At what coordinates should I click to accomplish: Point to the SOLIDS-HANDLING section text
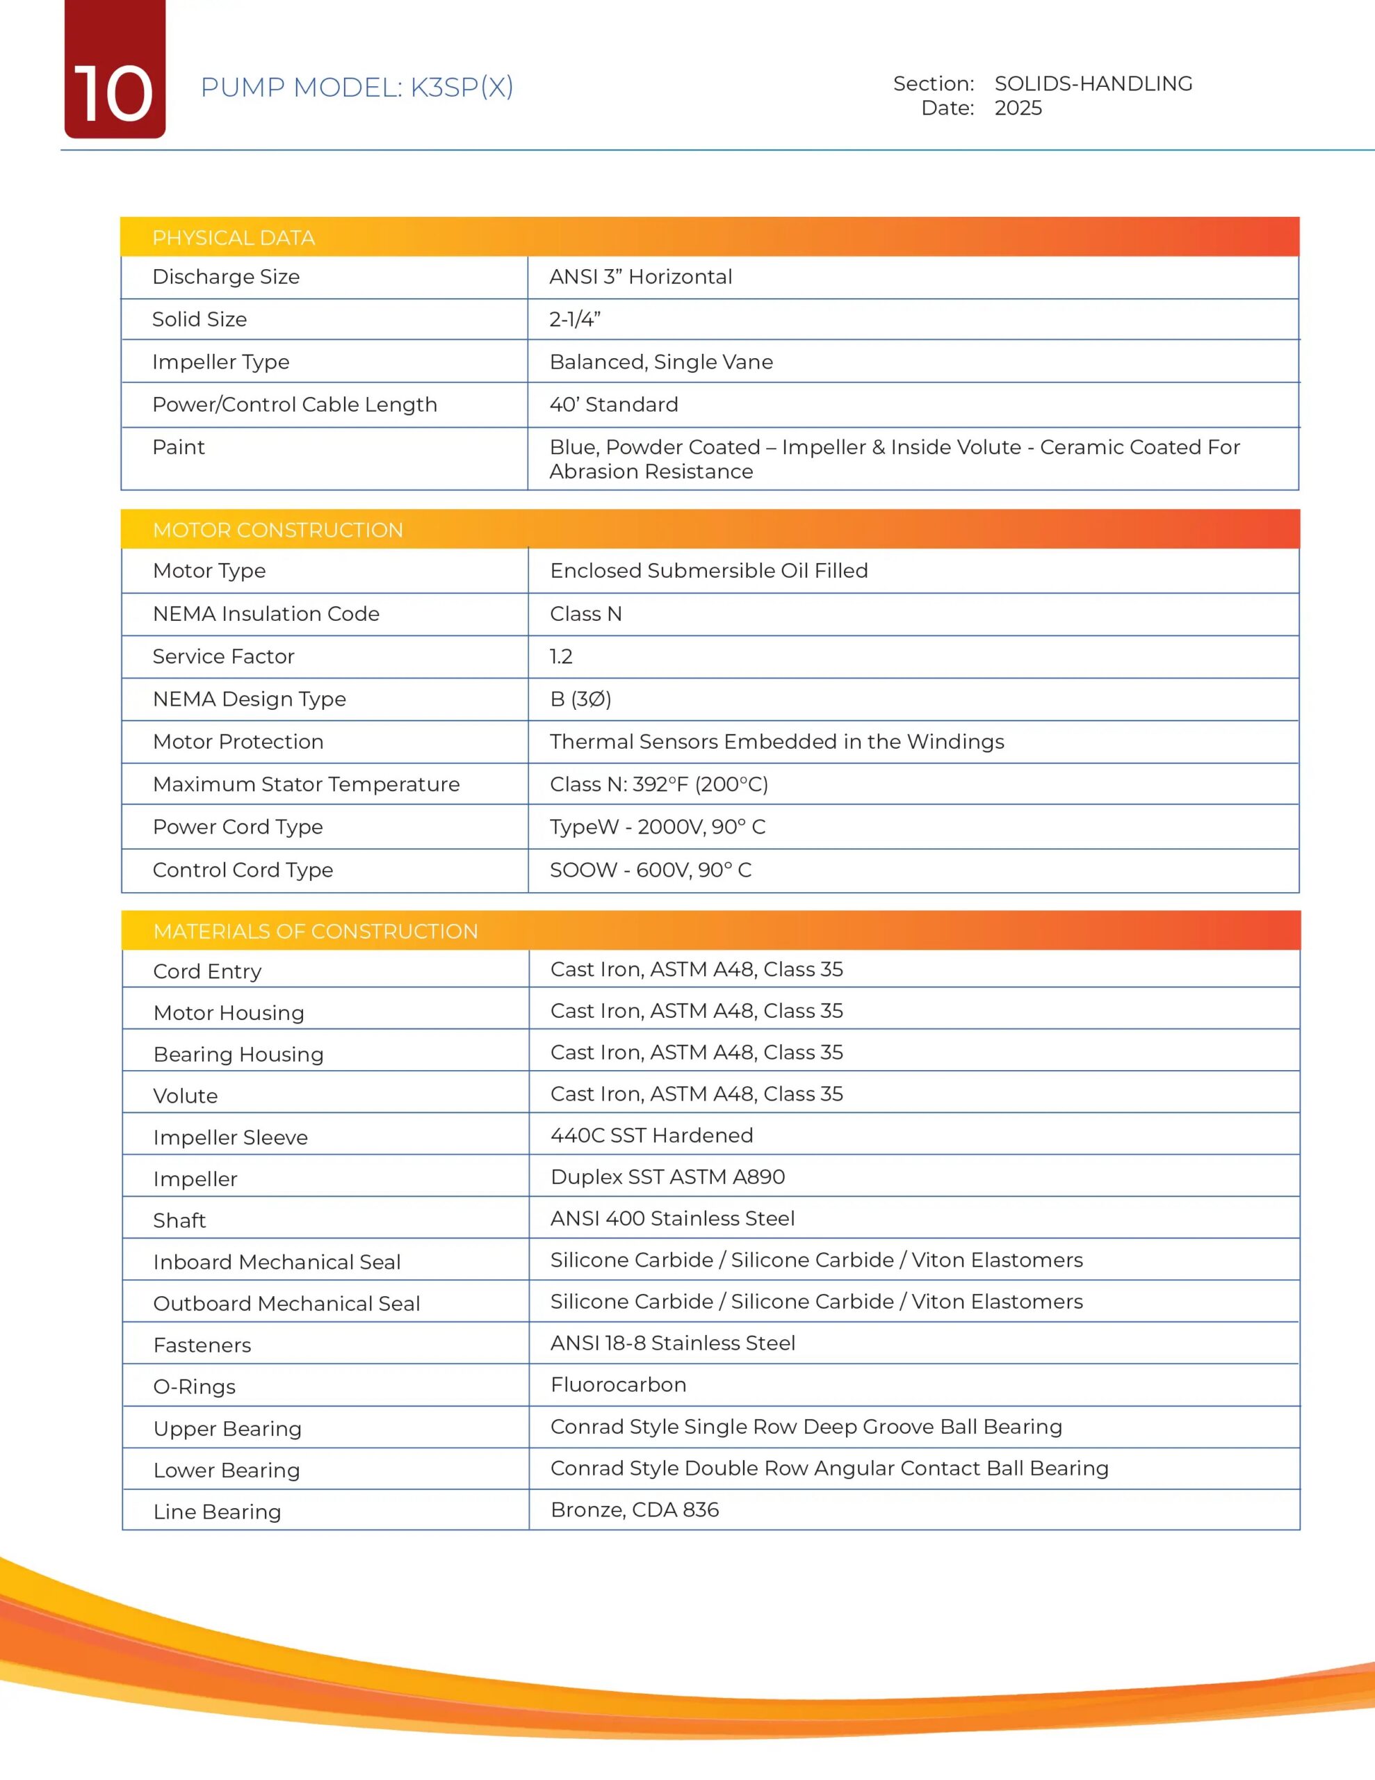coord(1093,83)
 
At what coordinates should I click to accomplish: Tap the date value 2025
coord(1018,108)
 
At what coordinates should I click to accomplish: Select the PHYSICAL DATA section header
coord(233,238)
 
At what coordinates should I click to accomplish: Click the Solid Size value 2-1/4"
coord(575,319)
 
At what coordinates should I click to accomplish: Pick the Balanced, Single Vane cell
coord(661,362)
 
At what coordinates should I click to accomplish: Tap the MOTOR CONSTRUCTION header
coord(278,531)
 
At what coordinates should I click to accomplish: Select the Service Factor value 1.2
coord(561,657)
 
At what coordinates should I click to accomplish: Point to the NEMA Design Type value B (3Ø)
coord(580,699)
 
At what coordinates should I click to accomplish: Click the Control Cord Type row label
coord(243,871)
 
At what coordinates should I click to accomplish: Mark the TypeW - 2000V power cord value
coord(658,827)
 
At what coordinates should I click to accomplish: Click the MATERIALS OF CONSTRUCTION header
coord(316,932)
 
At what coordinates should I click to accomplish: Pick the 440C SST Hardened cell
coord(651,1135)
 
